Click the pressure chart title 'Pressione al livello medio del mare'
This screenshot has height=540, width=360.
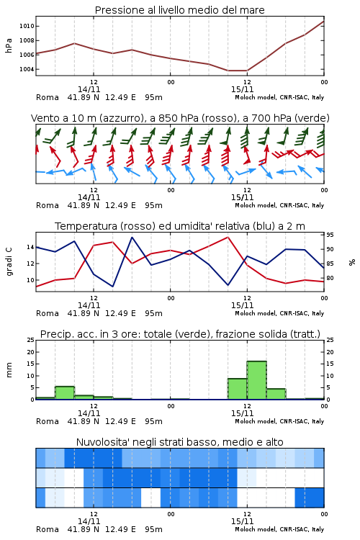click(x=179, y=10)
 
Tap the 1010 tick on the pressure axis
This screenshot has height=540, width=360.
click(x=27, y=26)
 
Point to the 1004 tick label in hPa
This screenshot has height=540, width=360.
click(x=27, y=69)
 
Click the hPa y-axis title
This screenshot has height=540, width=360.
click(x=9, y=45)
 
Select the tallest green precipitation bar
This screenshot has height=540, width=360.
click(x=256, y=380)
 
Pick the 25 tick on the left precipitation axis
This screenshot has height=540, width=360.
click(x=31, y=340)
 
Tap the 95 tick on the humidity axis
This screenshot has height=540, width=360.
click(x=330, y=235)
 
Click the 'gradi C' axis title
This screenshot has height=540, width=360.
click(x=9, y=262)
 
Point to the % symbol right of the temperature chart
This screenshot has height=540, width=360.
click(x=352, y=262)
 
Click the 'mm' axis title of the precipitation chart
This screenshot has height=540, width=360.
click(x=9, y=370)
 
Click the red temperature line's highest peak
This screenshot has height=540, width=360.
click(x=228, y=237)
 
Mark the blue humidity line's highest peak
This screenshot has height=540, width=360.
click(x=132, y=237)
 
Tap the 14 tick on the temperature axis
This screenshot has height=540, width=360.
click(x=30, y=247)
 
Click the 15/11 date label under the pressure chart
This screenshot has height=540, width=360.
click(x=242, y=89)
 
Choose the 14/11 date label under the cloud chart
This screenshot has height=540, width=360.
click(x=89, y=521)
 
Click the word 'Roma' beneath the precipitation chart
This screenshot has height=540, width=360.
click(x=48, y=421)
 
